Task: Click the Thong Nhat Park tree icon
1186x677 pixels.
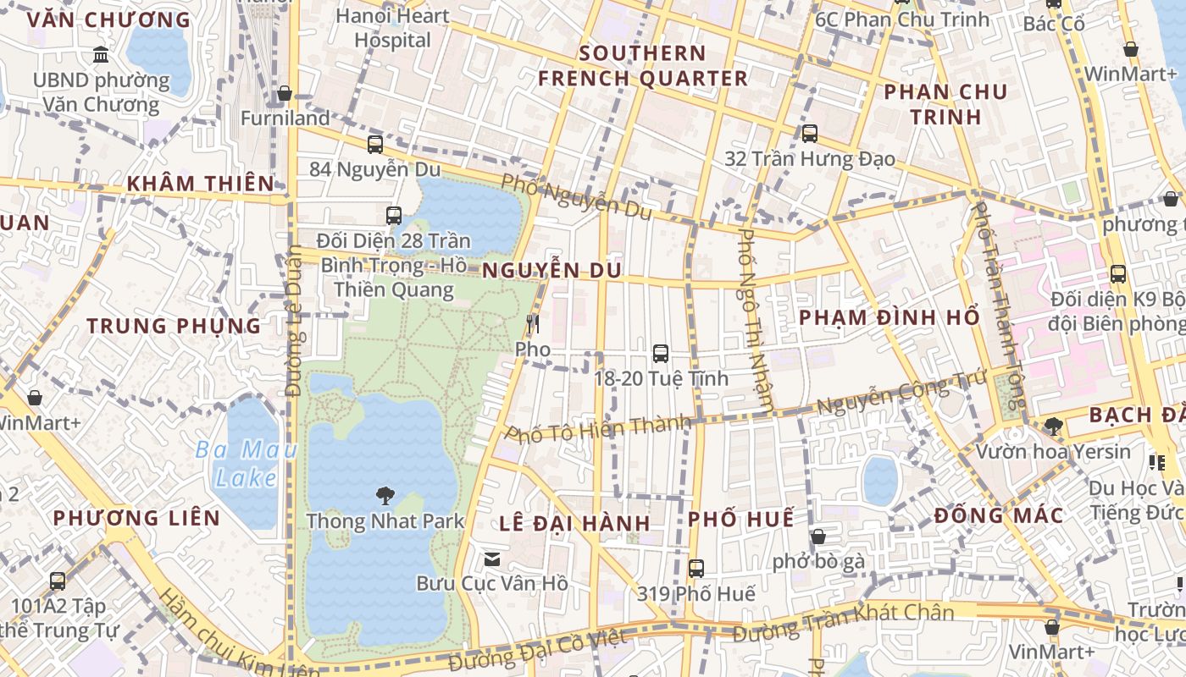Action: point(385,496)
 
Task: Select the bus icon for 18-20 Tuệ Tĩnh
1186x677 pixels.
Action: point(661,354)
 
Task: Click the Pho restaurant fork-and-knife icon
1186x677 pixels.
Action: point(532,324)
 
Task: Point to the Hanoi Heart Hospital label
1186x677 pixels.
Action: point(392,27)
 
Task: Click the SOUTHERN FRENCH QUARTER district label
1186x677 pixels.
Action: point(643,66)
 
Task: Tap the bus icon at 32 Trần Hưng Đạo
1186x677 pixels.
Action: point(809,133)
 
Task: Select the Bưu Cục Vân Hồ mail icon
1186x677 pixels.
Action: point(491,559)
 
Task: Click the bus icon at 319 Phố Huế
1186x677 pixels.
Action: point(696,569)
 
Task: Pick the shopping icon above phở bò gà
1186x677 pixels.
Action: point(817,537)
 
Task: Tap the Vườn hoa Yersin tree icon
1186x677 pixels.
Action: point(1053,426)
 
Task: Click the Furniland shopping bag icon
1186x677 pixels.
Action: point(285,93)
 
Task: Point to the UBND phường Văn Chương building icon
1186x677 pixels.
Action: point(101,55)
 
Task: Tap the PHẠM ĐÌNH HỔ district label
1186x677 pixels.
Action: point(890,317)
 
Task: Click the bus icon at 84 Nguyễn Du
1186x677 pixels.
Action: point(374,144)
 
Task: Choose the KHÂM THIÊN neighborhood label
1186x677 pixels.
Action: point(201,184)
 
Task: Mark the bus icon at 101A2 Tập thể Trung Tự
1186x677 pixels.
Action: point(58,581)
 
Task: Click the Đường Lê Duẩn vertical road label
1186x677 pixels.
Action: point(294,322)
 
